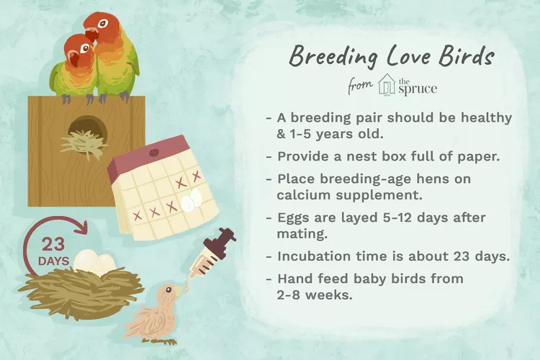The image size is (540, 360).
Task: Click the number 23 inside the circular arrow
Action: (x=53, y=245)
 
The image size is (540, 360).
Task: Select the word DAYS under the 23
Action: (x=54, y=261)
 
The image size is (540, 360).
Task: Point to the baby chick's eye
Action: (x=168, y=289)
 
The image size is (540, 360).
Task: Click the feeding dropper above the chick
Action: (x=212, y=253)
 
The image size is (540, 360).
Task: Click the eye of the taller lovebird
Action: (x=102, y=24)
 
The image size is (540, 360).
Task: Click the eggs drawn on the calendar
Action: (x=192, y=200)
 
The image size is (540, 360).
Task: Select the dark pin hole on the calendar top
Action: (x=153, y=152)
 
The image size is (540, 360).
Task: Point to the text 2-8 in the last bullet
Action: (x=288, y=295)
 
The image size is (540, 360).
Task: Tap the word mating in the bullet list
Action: (x=302, y=234)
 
